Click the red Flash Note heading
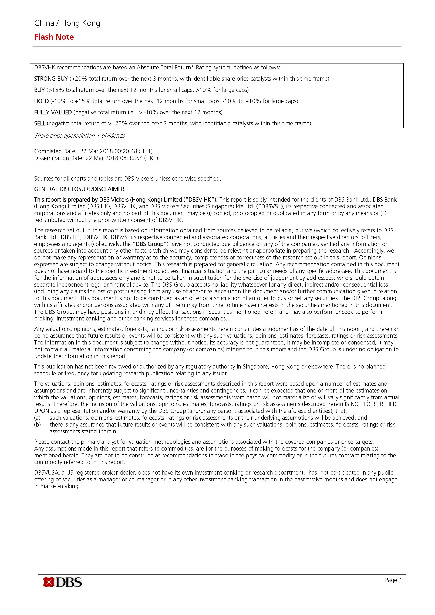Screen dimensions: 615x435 (x=54, y=37)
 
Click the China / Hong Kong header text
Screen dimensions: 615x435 (x=67, y=23)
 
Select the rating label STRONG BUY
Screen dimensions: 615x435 (x=51, y=79)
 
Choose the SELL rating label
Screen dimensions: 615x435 (x=40, y=123)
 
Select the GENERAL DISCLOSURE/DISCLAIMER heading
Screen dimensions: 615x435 (x=79, y=189)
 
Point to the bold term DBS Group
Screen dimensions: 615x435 (x=149, y=244)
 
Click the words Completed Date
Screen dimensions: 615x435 (x=55, y=151)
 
